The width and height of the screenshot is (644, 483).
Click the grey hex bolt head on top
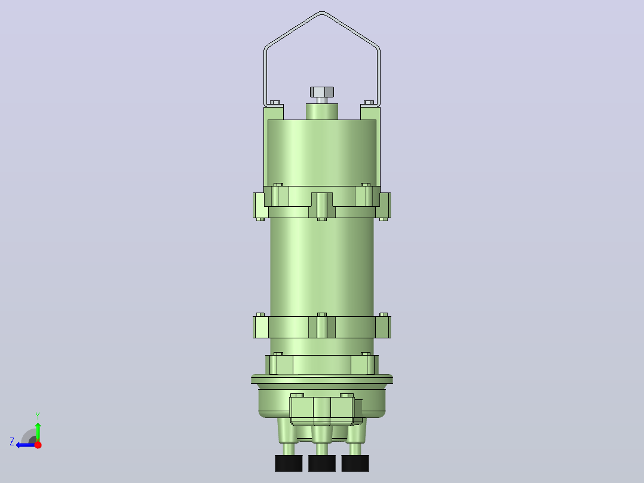tap(322, 91)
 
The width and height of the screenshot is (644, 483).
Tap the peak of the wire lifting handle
tap(322, 13)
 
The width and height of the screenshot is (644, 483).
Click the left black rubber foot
tap(289, 463)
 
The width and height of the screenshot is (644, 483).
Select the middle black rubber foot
tap(322, 463)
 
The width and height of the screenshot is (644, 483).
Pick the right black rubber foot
tap(355, 463)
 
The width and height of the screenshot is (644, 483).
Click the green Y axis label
tap(38, 415)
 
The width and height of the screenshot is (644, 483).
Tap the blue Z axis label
tap(12, 442)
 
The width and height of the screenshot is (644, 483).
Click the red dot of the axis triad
tap(38, 444)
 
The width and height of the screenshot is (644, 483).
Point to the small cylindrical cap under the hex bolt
tap(322, 111)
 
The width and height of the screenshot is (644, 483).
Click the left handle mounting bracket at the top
tap(273, 113)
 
